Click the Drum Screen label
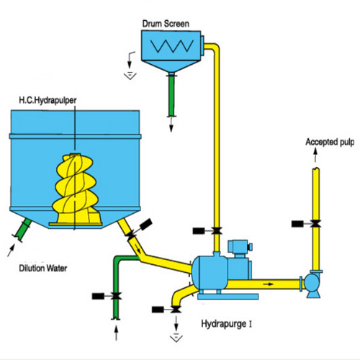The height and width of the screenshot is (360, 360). [166, 24]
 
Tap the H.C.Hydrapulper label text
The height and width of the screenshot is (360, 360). [48, 100]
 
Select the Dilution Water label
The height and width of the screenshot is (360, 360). [43, 268]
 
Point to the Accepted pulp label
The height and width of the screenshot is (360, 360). [330, 143]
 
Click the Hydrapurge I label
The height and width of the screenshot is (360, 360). [227, 324]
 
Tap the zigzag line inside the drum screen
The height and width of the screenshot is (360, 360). [171, 46]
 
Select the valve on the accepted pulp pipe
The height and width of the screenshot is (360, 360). [315, 224]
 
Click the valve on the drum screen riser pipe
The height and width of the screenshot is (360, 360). [217, 231]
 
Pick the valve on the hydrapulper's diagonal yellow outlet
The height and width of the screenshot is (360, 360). [131, 234]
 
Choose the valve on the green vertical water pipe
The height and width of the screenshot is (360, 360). [117, 296]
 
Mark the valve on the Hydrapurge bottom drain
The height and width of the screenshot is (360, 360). [176, 310]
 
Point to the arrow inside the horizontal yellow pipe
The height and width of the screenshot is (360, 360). [269, 284]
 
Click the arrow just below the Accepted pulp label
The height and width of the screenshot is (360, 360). [315, 155]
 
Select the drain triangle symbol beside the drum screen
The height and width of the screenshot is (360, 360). [130, 76]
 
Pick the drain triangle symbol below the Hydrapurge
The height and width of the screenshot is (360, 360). [176, 338]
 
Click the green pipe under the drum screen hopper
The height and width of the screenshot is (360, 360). [171, 95]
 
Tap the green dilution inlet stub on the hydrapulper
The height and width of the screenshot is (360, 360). [23, 230]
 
